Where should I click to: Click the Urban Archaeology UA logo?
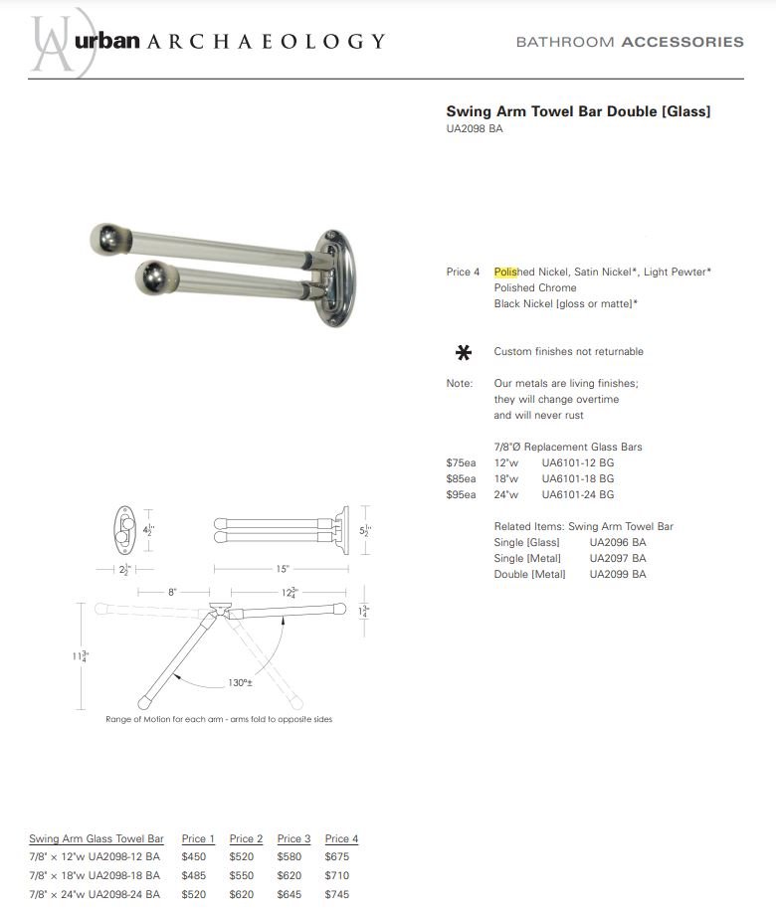click(58, 42)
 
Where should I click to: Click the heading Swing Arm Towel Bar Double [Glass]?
click(578, 111)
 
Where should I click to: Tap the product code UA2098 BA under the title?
click(475, 128)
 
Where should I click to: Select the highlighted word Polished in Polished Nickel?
click(513, 272)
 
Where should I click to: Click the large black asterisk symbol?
click(463, 352)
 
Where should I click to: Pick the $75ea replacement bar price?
click(461, 462)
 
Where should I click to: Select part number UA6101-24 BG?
click(577, 494)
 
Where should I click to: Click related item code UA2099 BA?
click(617, 574)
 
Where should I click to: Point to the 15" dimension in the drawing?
click(283, 569)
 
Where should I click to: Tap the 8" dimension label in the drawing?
click(172, 592)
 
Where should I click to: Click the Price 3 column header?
click(293, 838)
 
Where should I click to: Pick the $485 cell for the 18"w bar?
click(194, 875)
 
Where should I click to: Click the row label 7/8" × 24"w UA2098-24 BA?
click(95, 894)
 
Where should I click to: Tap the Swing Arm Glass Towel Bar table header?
click(96, 838)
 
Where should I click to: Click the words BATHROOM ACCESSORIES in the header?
click(629, 42)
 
